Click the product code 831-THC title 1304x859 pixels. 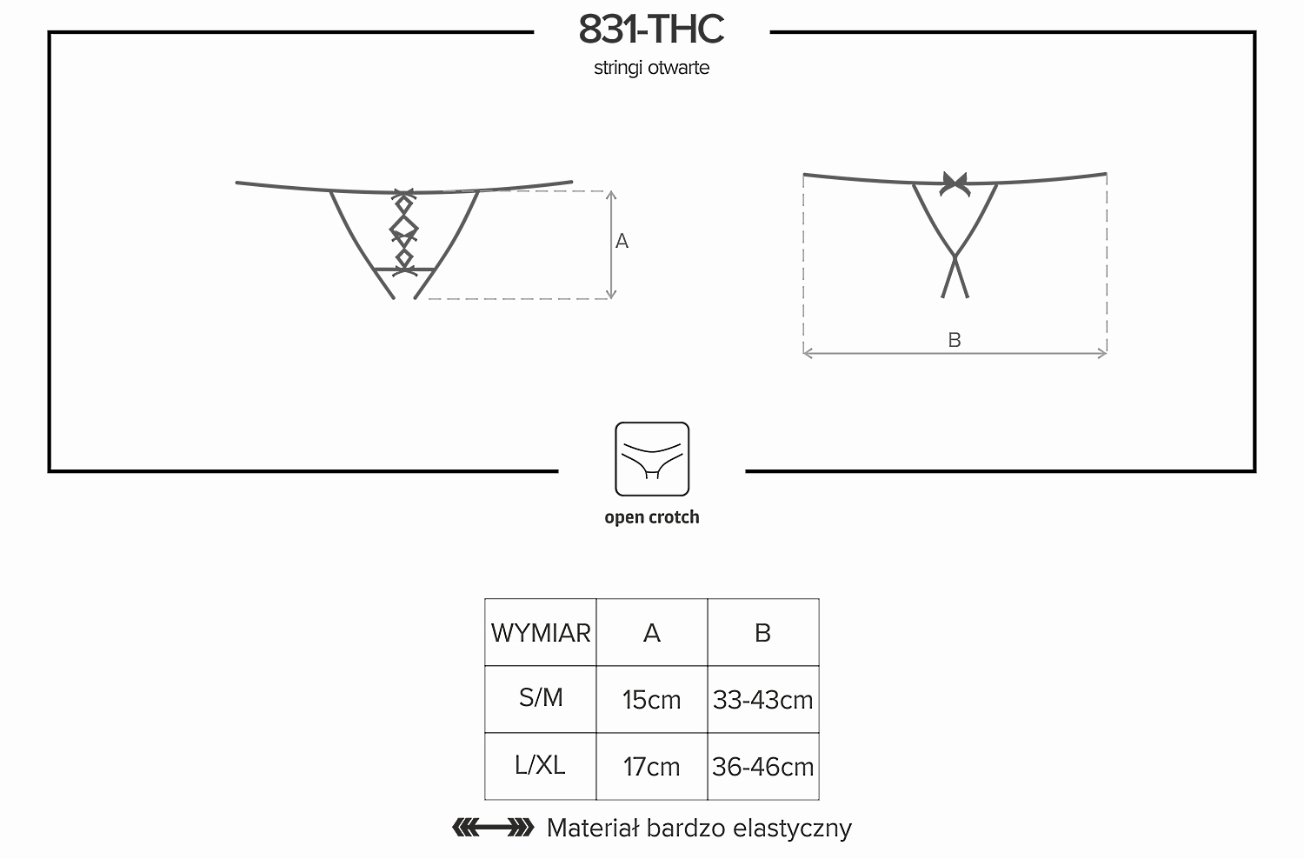(651, 30)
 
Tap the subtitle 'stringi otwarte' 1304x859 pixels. (651, 68)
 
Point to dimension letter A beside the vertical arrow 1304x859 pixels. (622, 241)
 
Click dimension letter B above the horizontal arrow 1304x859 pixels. (955, 340)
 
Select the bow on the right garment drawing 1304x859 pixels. (955, 183)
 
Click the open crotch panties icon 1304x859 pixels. (652, 459)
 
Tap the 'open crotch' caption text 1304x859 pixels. (652, 517)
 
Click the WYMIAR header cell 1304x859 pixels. (540, 632)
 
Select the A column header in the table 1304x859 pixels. (652, 632)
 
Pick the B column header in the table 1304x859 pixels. (763, 632)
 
